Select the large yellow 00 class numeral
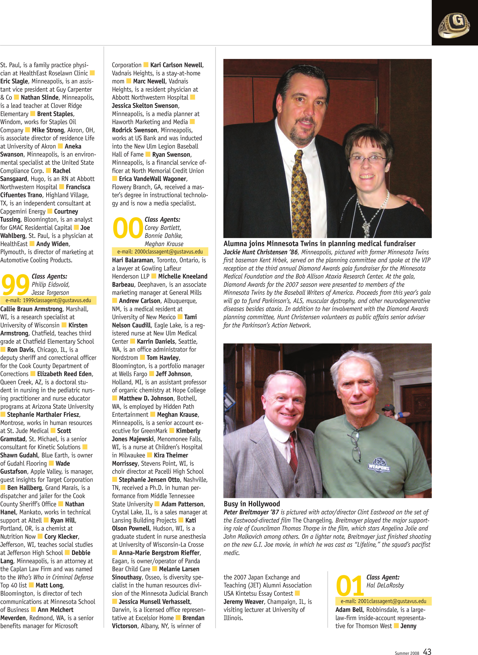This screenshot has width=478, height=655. [x=128, y=228]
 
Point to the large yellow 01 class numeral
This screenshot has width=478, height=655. [x=350, y=585]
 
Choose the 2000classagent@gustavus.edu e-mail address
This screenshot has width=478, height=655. [x=160, y=252]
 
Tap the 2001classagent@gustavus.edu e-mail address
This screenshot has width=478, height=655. [x=383, y=601]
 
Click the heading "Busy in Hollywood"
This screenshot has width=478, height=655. [x=252, y=504]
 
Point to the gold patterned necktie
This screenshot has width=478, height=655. [x=301, y=194]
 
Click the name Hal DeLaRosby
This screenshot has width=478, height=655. [x=385, y=585]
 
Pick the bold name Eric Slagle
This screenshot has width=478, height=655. [x=14, y=82]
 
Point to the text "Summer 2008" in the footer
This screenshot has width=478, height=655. [x=407, y=653]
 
